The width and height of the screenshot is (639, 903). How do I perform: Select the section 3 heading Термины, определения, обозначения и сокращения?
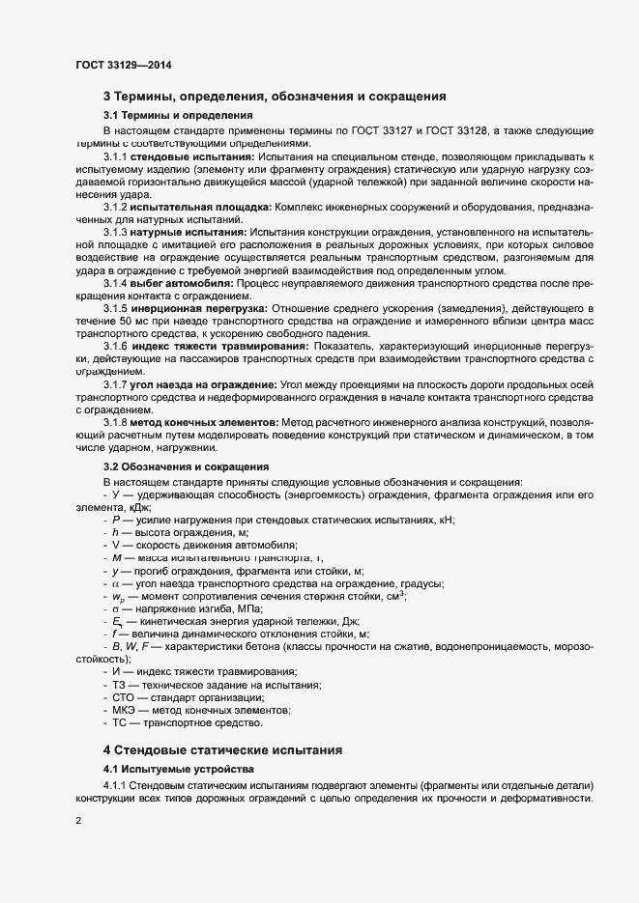point(274,97)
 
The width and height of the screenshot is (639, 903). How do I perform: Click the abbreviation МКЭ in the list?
point(126,710)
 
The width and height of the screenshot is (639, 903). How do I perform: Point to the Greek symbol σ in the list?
point(114,608)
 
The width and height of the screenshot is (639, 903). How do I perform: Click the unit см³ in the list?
point(394,595)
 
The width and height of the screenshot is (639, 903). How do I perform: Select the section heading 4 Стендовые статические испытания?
point(220,749)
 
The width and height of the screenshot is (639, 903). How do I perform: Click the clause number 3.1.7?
point(115,384)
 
